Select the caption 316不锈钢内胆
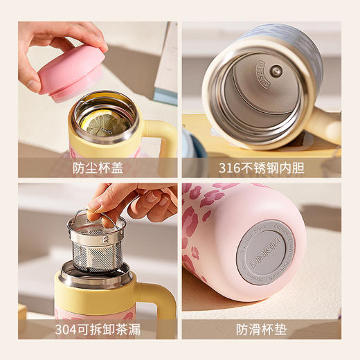pos(262,168)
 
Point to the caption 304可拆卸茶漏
pos(98,329)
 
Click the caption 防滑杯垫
pos(262,329)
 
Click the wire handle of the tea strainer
pos(97,216)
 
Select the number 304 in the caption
pos(67,329)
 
